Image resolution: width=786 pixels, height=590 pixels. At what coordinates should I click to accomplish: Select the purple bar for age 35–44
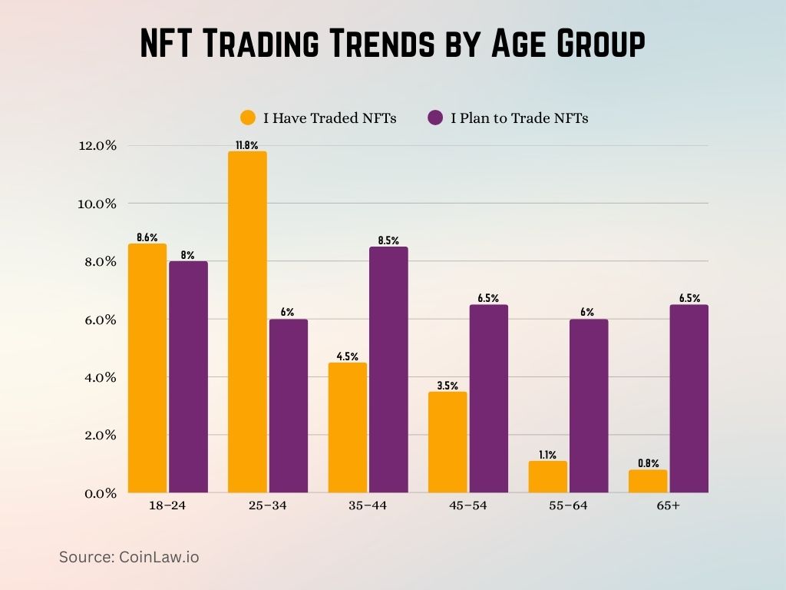[388, 370]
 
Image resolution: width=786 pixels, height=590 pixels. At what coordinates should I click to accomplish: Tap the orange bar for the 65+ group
[648, 481]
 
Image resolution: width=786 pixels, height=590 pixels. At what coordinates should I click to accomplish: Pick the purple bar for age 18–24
[188, 376]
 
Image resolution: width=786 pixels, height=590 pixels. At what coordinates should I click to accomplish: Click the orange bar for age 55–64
[547, 476]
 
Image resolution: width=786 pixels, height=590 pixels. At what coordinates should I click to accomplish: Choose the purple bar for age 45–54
[488, 398]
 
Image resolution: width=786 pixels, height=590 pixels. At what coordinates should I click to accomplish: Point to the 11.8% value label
[247, 144]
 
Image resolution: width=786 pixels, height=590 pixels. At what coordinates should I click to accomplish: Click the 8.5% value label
[388, 240]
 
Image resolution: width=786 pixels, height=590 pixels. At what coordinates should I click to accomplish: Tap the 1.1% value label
[547, 455]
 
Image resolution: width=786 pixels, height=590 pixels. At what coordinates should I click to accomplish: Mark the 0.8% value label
[648, 463]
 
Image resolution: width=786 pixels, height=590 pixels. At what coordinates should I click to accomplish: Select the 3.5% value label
[447, 386]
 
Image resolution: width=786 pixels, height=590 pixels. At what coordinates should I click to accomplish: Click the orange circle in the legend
[247, 118]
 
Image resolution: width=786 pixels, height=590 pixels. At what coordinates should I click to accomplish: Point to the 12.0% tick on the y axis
[96, 146]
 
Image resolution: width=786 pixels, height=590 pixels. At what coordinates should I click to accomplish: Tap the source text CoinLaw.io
[157, 557]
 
